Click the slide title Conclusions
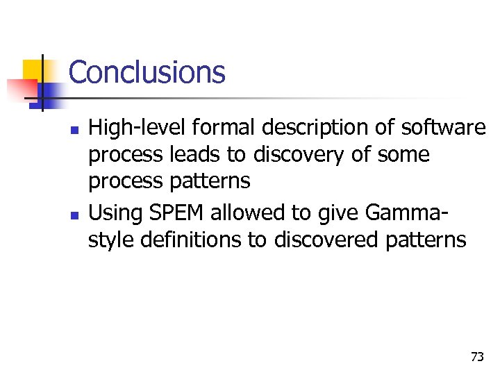(x=147, y=72)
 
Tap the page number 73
(x=477, y=357)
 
